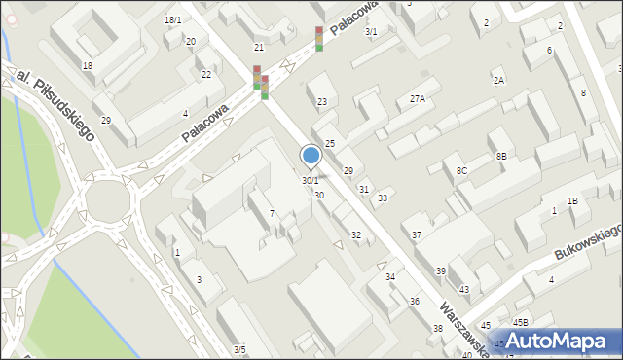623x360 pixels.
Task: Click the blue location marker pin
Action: (311, 156)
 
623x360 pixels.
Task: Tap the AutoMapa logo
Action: (555, 341)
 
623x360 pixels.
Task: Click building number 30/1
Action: (310, 181)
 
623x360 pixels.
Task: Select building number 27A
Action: (418, 98)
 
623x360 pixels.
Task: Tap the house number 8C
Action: (461, 171)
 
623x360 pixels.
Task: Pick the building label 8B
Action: (501, 156)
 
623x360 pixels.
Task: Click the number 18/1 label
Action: (173, 20)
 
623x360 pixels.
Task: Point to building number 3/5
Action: (239, 349)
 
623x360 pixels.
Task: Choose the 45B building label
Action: (521, 322)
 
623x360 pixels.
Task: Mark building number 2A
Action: (498, 80)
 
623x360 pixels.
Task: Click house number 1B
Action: (573, 200)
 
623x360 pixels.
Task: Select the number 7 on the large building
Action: (272, 213)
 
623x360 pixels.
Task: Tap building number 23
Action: (322, 101)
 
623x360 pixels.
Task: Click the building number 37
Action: (417, 235)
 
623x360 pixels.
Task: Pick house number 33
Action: (383, 198)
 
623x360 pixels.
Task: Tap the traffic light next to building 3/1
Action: (319, 39)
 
